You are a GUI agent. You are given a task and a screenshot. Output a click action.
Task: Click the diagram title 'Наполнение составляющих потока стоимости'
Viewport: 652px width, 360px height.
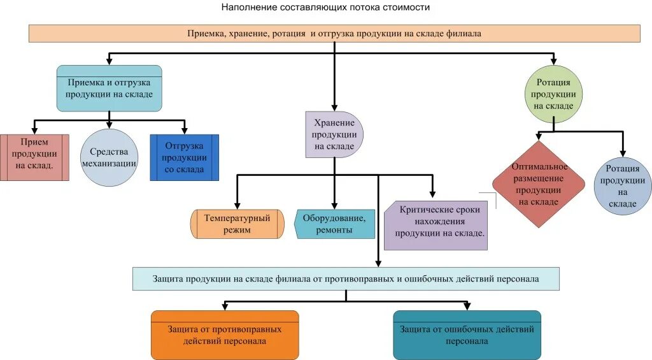click(x=325, y=8)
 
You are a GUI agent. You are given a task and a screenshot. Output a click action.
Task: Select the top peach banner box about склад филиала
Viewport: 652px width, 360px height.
click(x=334, y=33)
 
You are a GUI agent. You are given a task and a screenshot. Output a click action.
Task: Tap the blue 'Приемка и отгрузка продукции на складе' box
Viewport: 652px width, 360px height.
click(x=110, y=88)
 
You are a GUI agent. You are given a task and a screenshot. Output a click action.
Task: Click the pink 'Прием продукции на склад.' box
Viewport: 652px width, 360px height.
click(x=34, y=157)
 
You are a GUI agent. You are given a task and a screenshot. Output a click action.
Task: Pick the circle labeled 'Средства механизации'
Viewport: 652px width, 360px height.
click(x=110, y=157)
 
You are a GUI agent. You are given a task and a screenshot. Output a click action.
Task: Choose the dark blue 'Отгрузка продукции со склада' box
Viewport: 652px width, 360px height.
click(x=184, y=157)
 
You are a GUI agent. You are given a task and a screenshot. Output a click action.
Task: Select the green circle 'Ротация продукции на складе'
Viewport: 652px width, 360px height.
click(x=553, y=94)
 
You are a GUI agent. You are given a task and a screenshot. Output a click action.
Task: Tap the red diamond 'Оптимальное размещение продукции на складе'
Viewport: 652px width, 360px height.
click(x=539, y=184)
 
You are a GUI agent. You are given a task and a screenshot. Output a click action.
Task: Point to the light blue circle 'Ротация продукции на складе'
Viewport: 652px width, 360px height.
click(x=622, y=185)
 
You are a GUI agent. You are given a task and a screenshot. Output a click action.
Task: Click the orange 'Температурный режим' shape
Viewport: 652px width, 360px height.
click(x=237, y=224)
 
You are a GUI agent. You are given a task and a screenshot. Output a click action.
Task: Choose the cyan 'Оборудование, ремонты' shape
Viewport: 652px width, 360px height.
click(x=335, y=224)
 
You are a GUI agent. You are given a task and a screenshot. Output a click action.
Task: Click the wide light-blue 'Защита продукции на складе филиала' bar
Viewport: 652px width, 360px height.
click(x=346, y=278)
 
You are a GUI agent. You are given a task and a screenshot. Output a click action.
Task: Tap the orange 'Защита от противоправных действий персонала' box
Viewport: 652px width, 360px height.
click(x=224, y=335)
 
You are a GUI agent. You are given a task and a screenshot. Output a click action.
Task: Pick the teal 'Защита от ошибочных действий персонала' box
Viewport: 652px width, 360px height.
click(x=467, y=335)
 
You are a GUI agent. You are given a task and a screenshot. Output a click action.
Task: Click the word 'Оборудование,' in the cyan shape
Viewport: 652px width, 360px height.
click(x=335, y=218)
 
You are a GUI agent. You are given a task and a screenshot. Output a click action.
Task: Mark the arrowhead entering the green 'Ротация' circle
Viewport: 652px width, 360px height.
click(x=553, y=64)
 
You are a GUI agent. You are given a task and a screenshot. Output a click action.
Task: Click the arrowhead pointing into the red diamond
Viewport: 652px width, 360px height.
click(x=539, y=137)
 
